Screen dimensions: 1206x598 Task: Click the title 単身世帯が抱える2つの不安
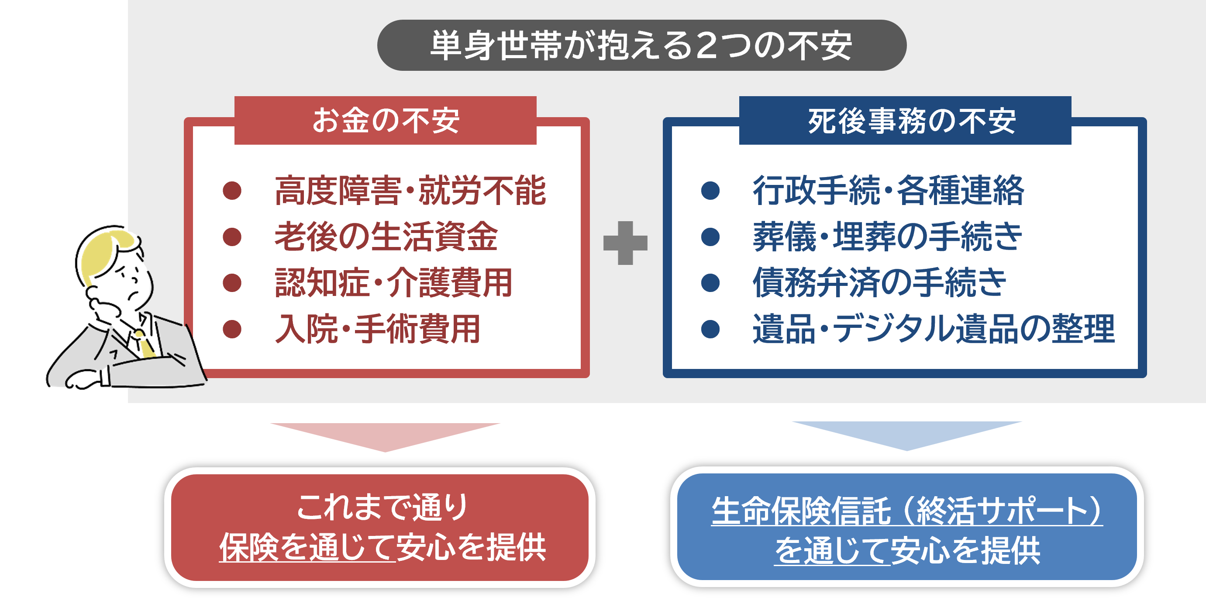(x=641, y=45)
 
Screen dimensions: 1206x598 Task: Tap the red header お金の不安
(x=385, y=121)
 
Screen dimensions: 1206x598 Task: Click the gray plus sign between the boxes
(x=625, y=243)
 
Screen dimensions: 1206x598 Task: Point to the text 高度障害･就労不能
(x=410, y=191)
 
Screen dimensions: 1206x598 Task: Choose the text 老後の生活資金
(x=386, y=236)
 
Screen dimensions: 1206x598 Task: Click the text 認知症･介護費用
(x=393, y=282)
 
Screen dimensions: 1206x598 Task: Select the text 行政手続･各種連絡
(x=888, y=191)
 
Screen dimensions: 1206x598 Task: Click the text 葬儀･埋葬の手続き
(x=887, y=236)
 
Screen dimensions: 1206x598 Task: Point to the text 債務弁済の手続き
(x=879, y=282)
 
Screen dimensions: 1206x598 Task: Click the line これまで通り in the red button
(x=382, y=507)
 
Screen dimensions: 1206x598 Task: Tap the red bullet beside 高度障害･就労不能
(x=232, y=191)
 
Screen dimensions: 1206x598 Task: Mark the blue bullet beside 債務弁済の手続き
(x=710, y=282)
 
